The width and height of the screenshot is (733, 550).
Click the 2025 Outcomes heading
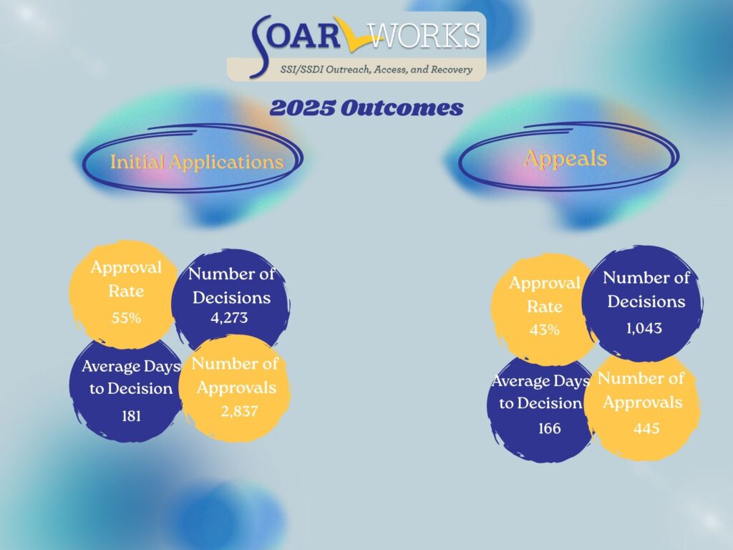click(x=366, y=108)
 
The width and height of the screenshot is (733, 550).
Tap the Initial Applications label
click(x=197, y=162)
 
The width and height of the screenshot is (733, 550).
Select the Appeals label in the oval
click(x=565, y=158)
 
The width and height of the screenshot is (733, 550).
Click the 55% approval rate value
click(x=126, y=318)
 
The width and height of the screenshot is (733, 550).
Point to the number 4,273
click(x=229, y=318)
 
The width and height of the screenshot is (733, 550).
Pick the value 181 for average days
click(x=132, y=416)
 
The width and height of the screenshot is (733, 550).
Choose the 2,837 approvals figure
click(x=239, y=412)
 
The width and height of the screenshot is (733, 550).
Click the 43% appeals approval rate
click(x=545, y=330)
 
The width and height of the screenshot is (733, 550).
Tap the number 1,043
click(x=644, y=328)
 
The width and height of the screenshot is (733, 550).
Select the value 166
click(x=549, y=428)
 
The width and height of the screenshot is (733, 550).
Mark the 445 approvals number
click(x=646, y=428)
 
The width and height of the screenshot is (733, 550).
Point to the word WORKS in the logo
click(x=425, y=35)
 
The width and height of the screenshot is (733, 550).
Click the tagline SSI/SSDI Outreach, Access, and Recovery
click(x=377, y=69)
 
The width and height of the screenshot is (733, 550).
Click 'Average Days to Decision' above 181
click(x=131, y=377)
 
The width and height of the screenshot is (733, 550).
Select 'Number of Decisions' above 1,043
click(x=646, y=289)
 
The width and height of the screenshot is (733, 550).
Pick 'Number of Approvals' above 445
click(x=641, y=390)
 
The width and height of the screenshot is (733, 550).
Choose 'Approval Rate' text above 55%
click(x=126, y=279)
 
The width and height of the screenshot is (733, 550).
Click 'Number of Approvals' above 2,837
click(x=235, y=375)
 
